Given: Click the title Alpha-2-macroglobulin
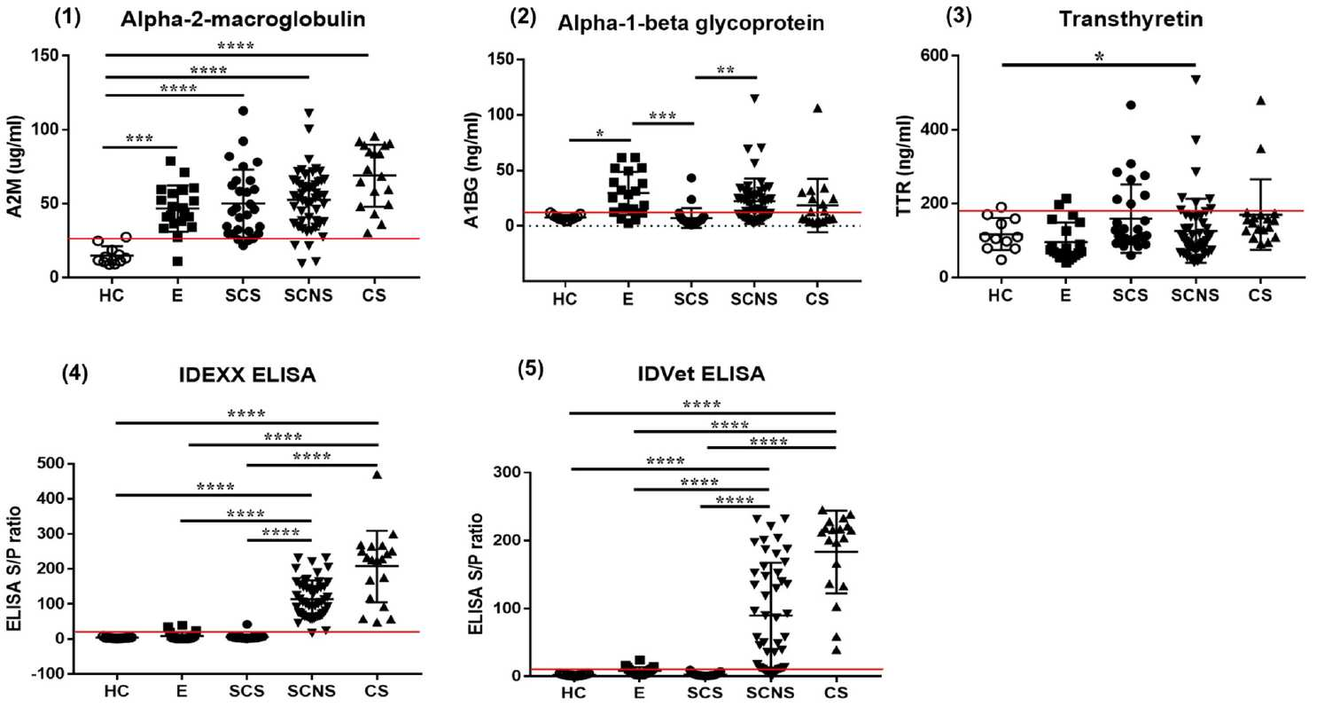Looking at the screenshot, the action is (243, 20).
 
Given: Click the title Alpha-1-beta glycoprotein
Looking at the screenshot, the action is (690, 23).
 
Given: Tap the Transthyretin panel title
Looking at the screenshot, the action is (1131, 20).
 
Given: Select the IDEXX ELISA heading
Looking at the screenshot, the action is (247, 375).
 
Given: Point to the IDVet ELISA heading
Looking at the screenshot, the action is (701, 373).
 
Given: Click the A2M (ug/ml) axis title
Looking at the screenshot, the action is (16, 167).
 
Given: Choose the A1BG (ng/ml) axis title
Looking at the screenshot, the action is (471, 169).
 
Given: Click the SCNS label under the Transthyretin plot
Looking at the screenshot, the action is (1196, 295).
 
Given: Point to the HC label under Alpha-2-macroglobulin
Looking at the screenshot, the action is (112, 295).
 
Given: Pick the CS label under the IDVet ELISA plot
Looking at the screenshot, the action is (836, 693).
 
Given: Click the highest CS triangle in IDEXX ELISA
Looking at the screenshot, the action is (378, 475).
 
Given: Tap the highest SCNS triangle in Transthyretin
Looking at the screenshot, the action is (1196, 80).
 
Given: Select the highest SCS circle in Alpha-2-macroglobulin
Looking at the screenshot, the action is (243, 111).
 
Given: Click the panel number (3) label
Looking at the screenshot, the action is (958, 17).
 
